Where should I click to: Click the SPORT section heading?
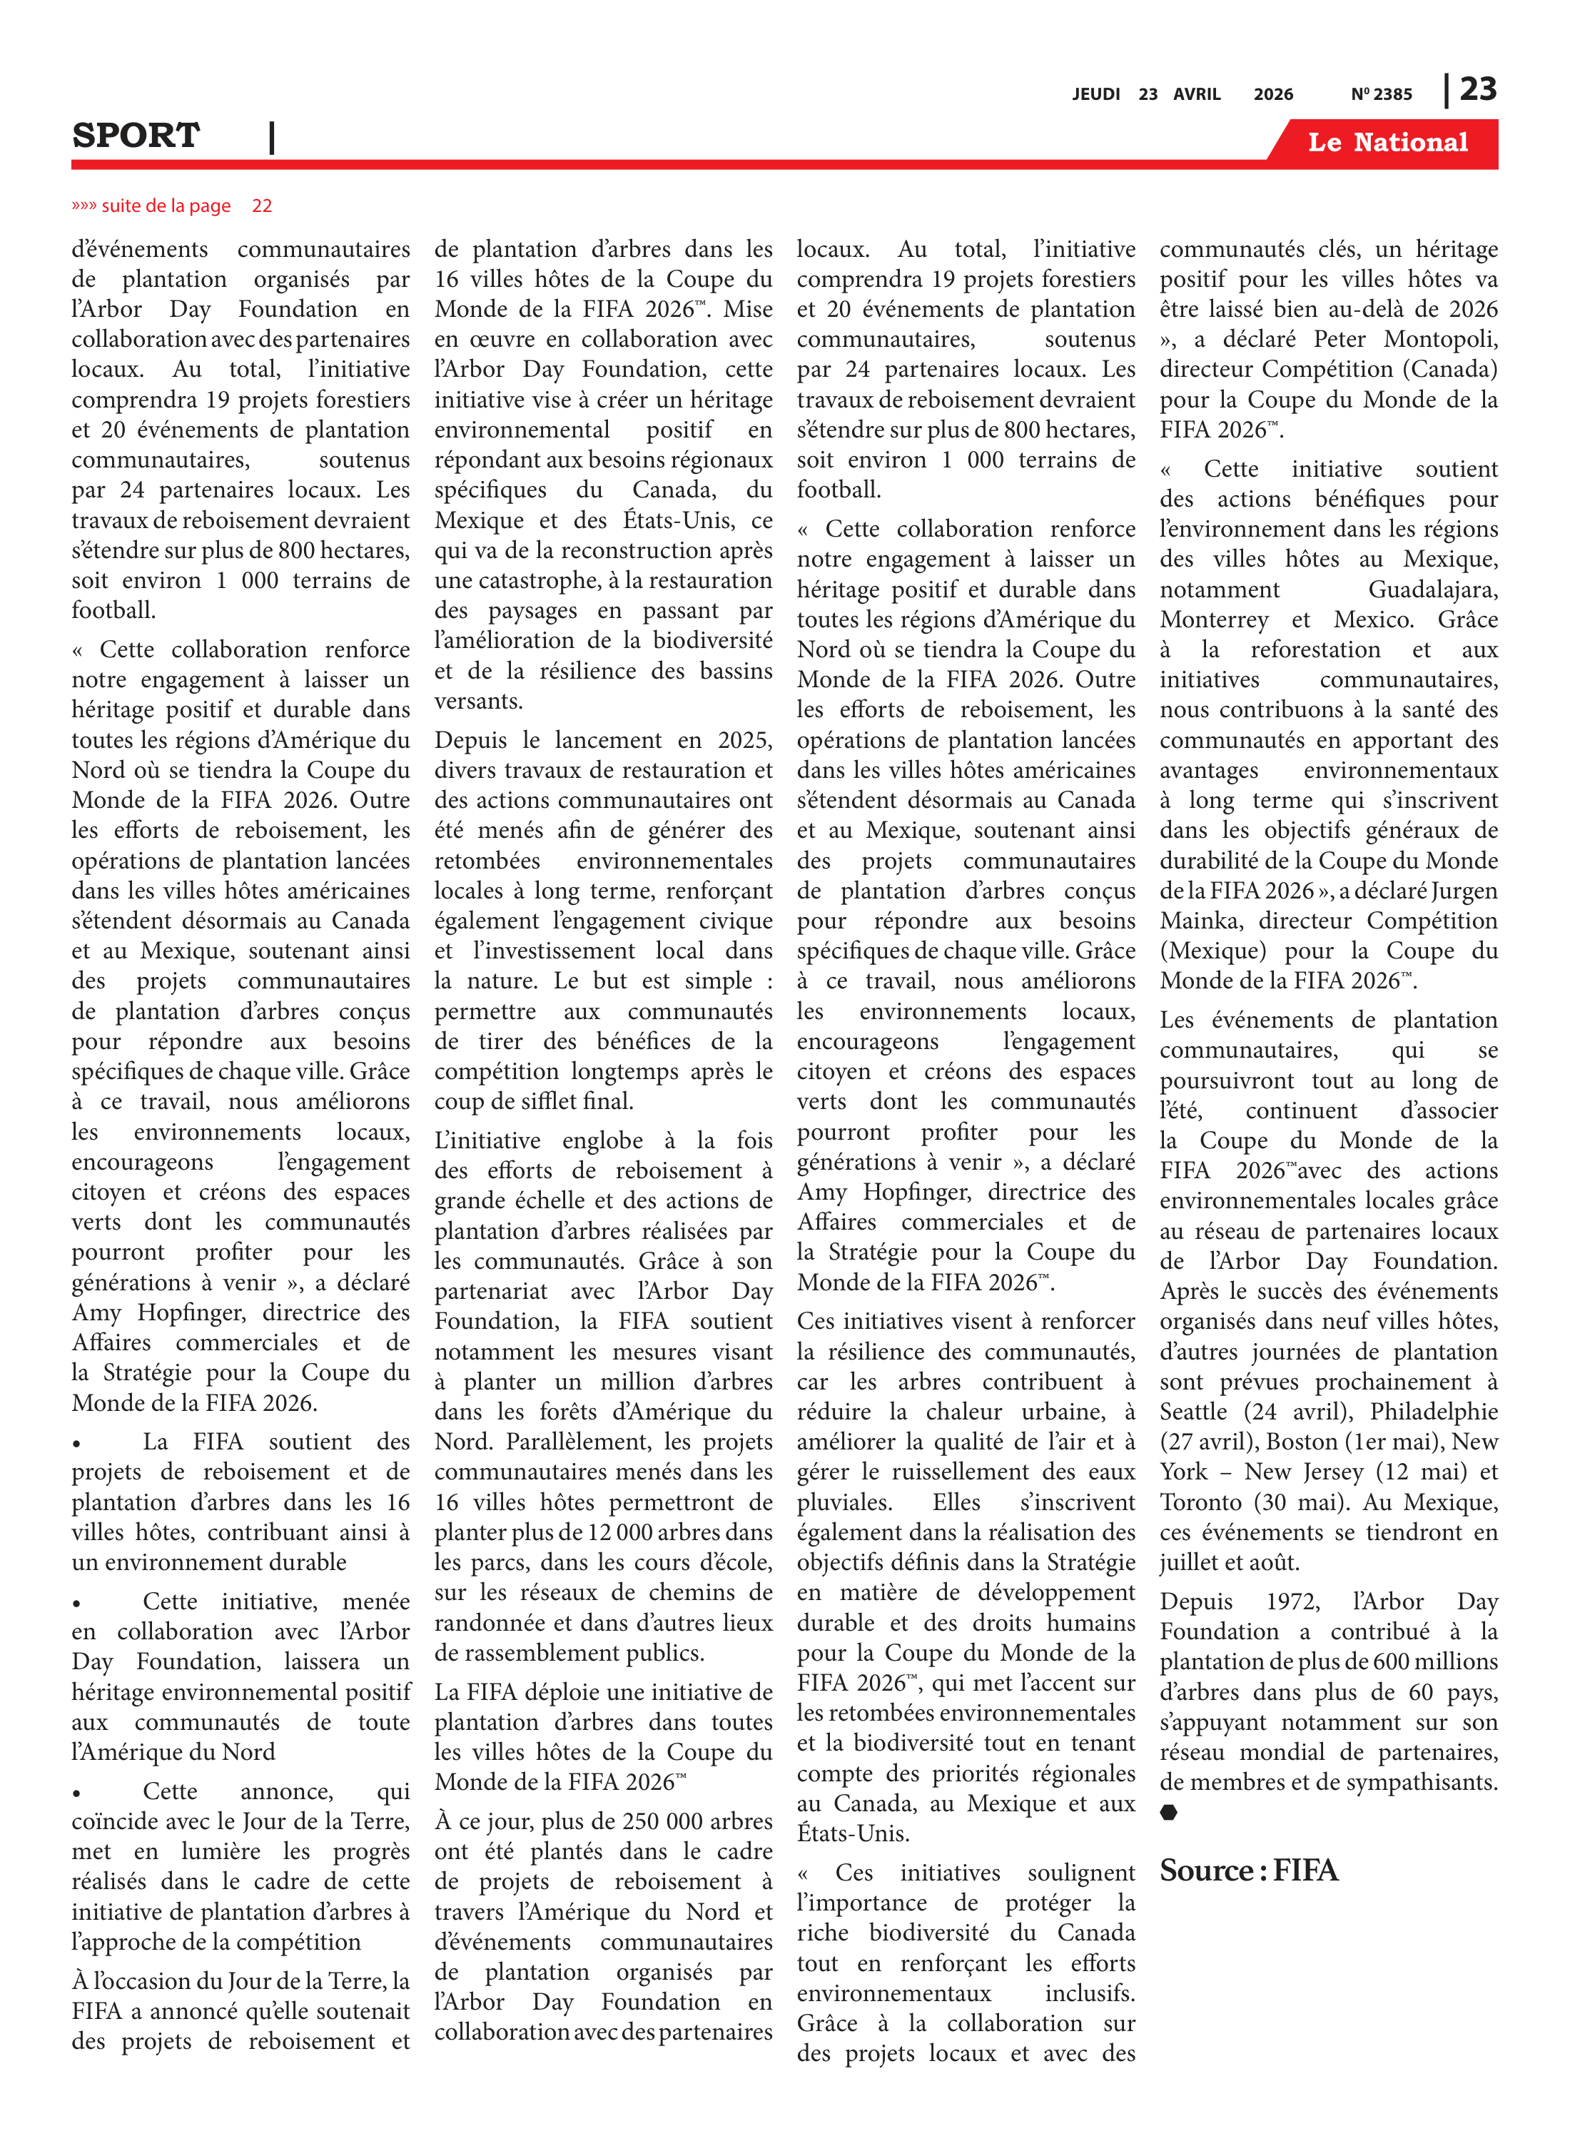click(136, 136)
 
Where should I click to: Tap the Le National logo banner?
click(1387, 143)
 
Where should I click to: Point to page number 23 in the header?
click(1478, 89)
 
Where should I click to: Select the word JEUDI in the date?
click(1095, 94)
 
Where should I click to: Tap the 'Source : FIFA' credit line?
click(1248, 1871)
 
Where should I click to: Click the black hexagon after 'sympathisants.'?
click(1169, 1812)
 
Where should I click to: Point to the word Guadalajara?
click(1432, 589)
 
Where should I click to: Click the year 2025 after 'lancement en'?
click(744, 739)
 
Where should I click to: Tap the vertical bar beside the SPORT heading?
click(272, 137)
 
